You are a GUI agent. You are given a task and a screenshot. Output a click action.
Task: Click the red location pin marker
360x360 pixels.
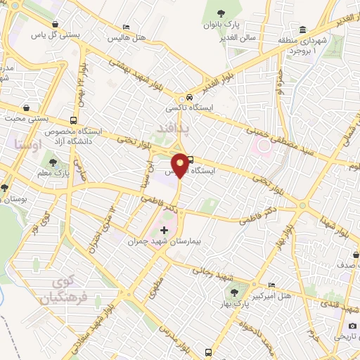[180, 165]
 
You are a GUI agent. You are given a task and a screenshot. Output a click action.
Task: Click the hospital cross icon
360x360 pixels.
[165, 229]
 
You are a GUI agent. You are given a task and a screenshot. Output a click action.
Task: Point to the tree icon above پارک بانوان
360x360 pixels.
[221, 13]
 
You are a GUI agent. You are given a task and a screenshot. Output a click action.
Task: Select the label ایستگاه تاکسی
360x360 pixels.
[184, 108]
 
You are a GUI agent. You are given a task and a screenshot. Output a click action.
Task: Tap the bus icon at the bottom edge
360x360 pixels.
[208, 352]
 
